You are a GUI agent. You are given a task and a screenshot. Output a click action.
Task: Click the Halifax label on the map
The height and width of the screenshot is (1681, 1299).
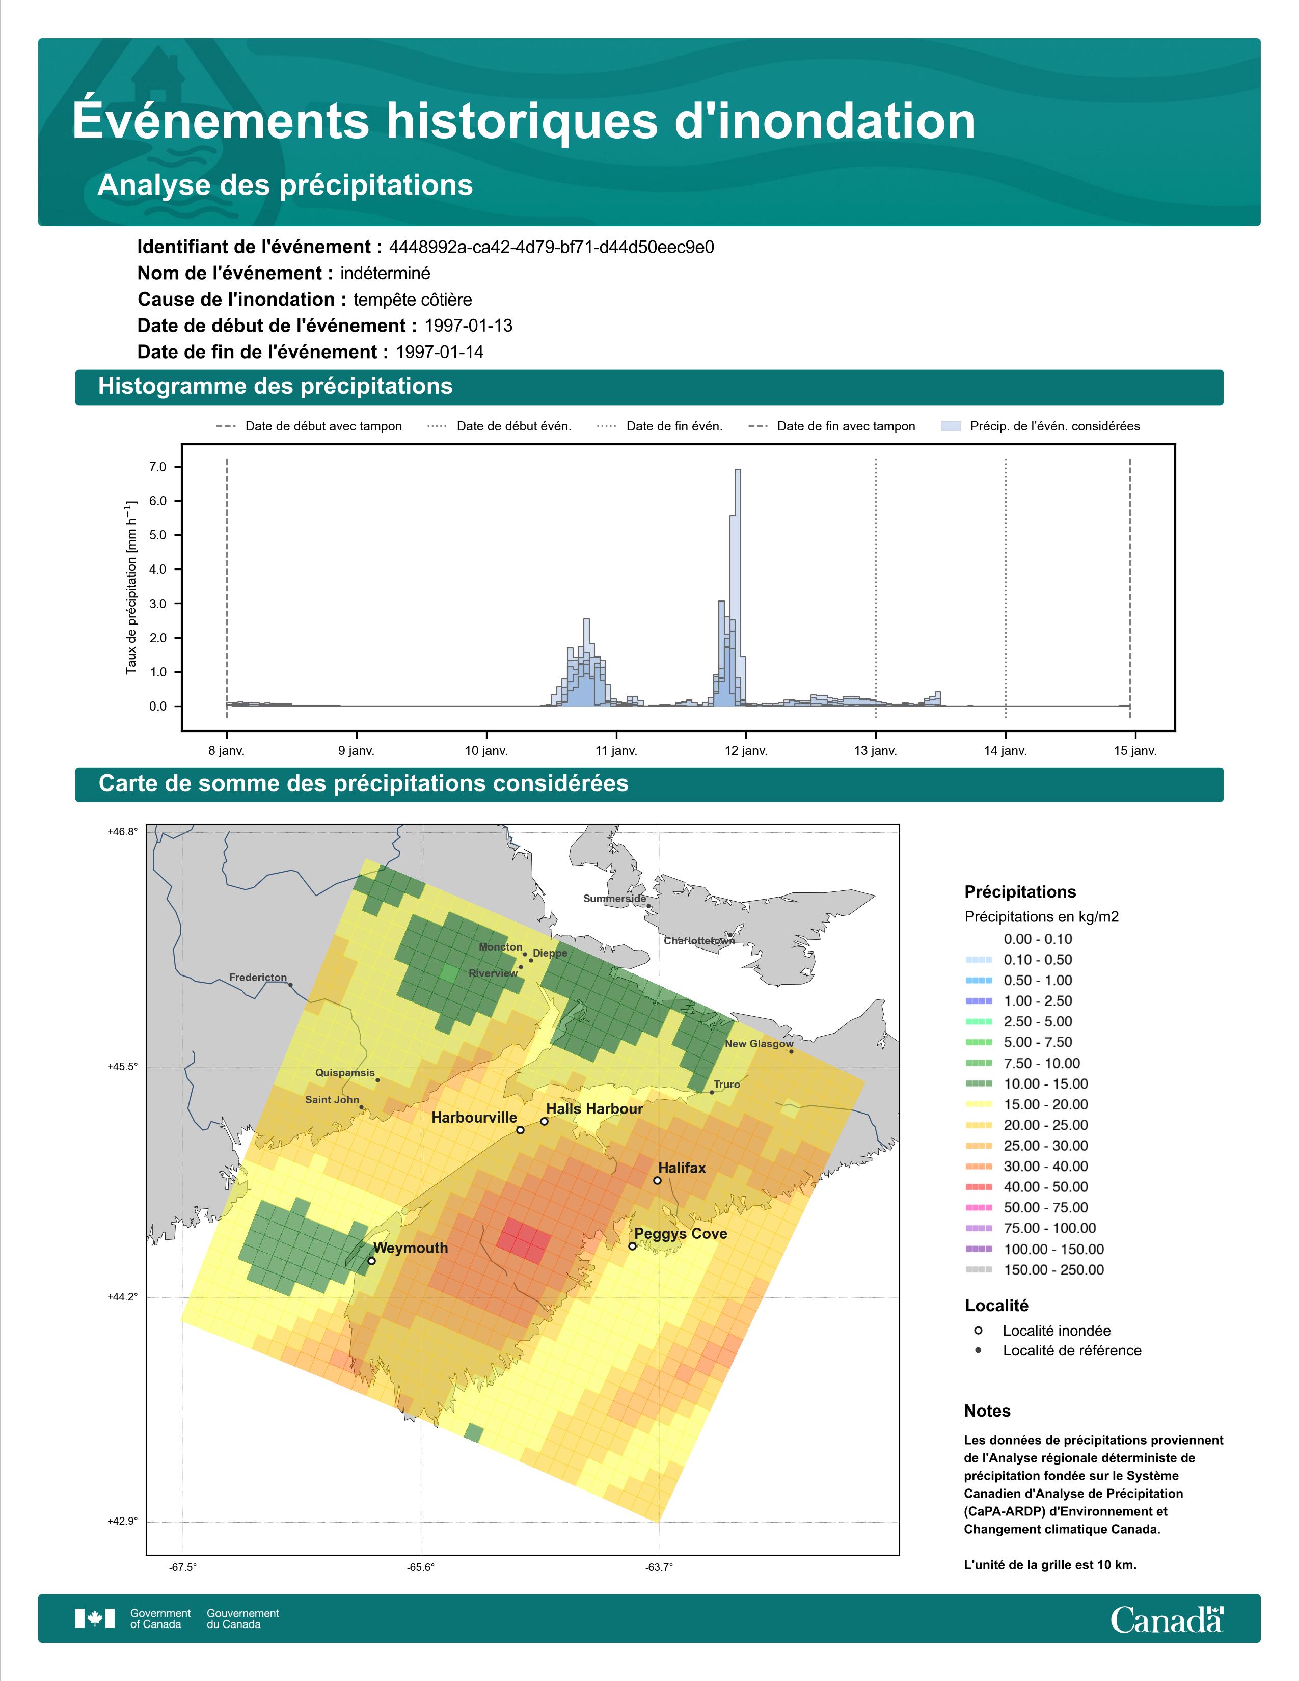pyautogui.click(x=681, y=1168)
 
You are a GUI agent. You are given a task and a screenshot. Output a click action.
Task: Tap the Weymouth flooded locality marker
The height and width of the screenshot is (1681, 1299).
pyautogui.click(x=372, y=1261)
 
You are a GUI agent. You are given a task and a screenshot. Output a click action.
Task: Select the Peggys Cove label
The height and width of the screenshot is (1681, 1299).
pyautogui.click(x=680, y=1234)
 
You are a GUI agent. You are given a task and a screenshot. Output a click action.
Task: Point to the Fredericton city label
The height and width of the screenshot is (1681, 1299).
pyautogui.click(x=258, y=978)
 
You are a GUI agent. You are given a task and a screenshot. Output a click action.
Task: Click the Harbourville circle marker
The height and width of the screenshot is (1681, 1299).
pyautogui.click(x=520, y=1130)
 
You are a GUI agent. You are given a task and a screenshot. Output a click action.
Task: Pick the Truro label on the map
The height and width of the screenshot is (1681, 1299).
pyautogui.click(x=726, y=1084)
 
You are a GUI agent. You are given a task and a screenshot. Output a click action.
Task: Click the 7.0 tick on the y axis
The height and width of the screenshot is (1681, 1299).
pyautogui.click(x=158, y=467)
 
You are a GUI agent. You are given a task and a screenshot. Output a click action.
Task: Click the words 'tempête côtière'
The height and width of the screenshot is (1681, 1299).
pyautogui.click(x=413, y=300)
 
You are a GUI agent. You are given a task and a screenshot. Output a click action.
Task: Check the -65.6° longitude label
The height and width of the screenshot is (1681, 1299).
pyautogui.click(x=421, y=1567)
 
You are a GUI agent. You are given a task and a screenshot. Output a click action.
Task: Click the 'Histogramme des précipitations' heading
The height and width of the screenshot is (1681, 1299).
pyautogui.click(x=276, y=387)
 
